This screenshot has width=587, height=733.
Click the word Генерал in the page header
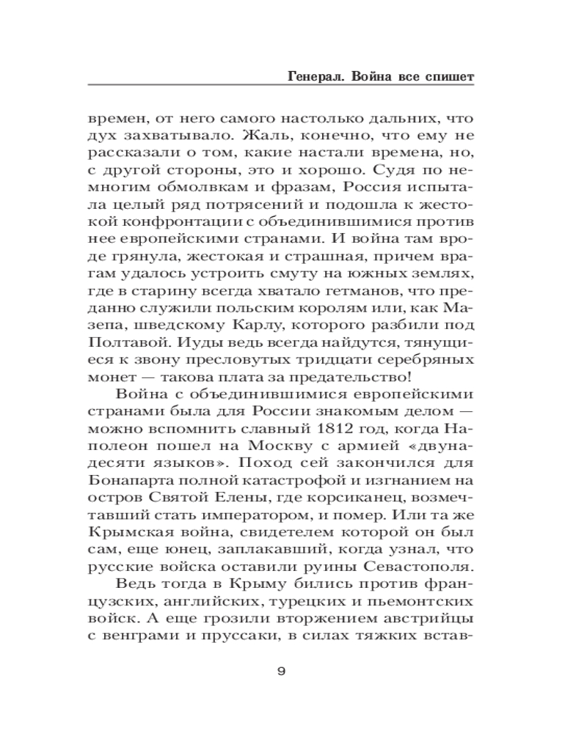point(303,76)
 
